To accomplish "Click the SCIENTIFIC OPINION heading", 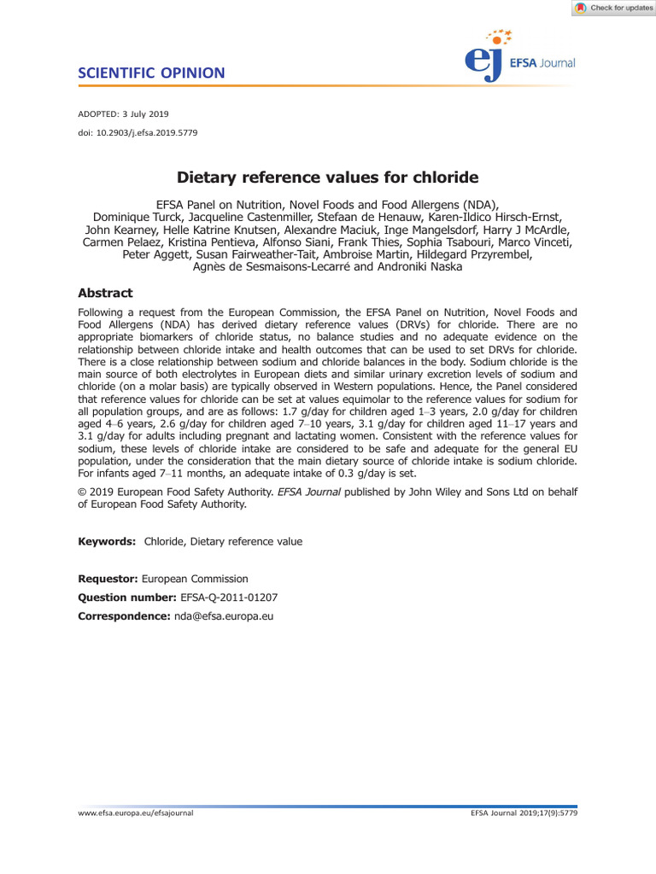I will (151, 73).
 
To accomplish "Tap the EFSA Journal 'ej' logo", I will (488, 61).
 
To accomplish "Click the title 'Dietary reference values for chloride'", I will (327, 178).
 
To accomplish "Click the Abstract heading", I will (105, 293).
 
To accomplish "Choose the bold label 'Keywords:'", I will (107, 541).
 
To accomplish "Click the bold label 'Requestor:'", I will (108, 579).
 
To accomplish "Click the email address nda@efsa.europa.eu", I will (222, 615).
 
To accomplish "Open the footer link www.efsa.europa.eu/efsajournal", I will (136, 813).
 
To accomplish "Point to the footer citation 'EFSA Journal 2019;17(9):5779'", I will (524, 813).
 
